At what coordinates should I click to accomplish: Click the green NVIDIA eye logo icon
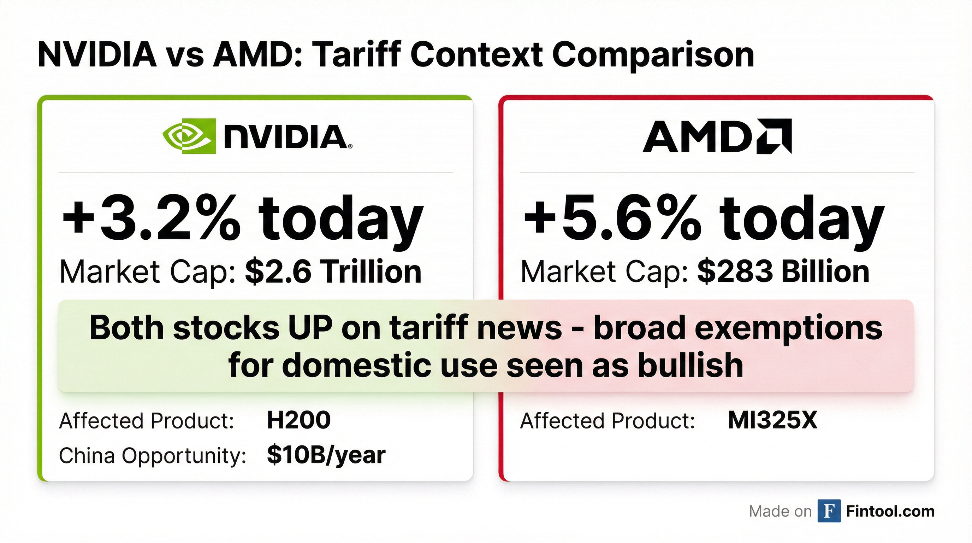click(x=189, y=136)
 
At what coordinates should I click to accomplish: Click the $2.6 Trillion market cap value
click(x=333, y=272)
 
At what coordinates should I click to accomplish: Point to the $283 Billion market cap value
click(x=783, y=272)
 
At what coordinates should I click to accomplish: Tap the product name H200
click(x=298, y=420)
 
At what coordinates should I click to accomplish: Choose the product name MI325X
click(x=772, y=420)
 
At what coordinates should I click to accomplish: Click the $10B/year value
click(x=326, y=455)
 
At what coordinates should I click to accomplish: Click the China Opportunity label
click(x=153, y=455)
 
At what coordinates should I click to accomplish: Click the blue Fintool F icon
click(x=829, y=511)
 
